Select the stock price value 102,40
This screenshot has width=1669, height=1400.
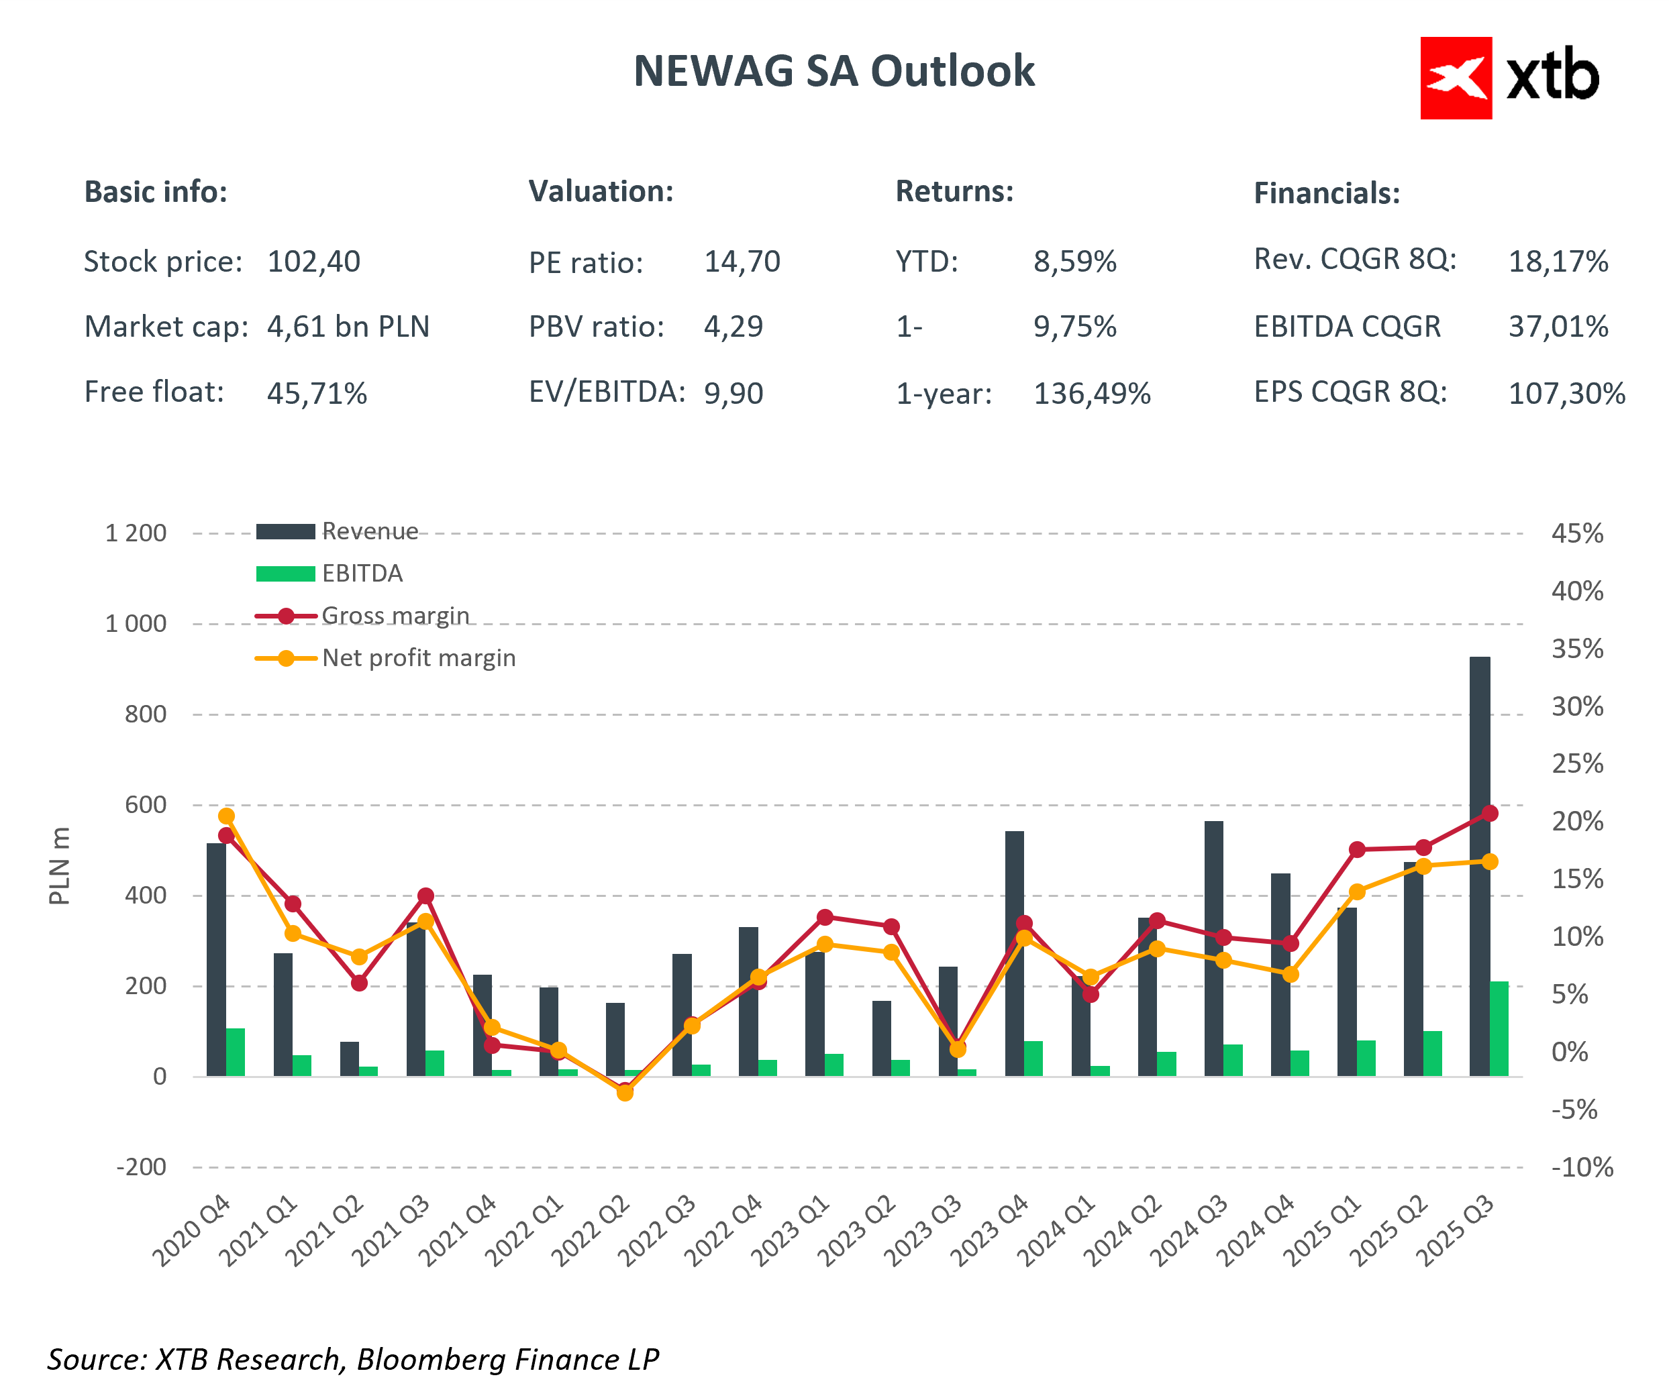[314, 262]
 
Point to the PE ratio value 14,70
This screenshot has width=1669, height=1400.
[742, 262]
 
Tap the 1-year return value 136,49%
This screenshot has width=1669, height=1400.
[1092, 393]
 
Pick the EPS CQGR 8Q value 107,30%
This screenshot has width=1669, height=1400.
[1566, 393]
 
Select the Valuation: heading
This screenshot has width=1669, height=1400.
[601, 191]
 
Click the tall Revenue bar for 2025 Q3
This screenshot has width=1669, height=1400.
[1479, 866]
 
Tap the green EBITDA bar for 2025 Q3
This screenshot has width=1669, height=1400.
[1499, 1029]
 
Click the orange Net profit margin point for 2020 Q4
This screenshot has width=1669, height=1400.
[227, 816]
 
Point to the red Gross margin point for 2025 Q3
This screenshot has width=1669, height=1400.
[1490, 814]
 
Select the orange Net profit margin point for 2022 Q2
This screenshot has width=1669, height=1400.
[625, 1093]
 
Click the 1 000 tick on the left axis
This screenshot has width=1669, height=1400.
[136, 624]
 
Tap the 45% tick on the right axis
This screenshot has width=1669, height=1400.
[1577, 533]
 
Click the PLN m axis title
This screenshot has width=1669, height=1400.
[60, 866]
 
